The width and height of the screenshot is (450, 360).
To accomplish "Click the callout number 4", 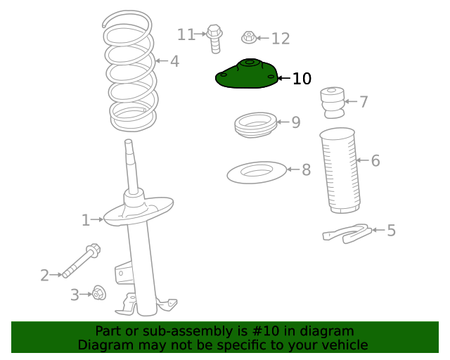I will [x=174, y=62].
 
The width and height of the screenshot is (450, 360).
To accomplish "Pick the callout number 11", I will [x=186, y=34].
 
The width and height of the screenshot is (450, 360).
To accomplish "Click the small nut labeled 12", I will [x=248, y=37].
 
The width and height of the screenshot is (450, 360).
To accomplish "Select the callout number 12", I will [x=280, y=39].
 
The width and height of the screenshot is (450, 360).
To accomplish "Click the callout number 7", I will [x=364, y=102].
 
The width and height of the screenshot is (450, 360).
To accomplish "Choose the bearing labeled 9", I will [x=254, y=126].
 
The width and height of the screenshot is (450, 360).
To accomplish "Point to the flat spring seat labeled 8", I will [x=257, y=172].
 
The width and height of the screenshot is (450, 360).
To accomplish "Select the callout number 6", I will [x=375, y=161].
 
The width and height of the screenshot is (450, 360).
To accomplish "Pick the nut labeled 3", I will [x=98, y=292].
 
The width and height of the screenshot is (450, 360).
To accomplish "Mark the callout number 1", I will [x=85, y=221].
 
